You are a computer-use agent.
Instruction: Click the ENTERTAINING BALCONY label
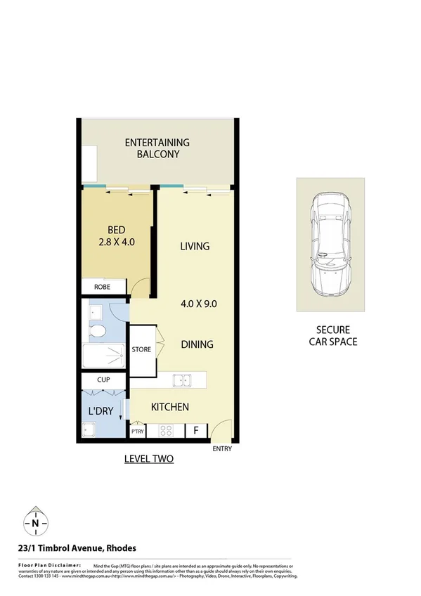(x=157, y=148)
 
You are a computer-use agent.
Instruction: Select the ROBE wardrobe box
(x=103, y=287)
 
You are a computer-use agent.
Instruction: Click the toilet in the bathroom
(x=98, y=330)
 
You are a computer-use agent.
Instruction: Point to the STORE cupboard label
(x=141, y=349)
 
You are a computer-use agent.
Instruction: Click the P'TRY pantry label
(x=136, y=432)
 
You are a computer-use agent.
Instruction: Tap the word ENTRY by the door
(x=221, y=448)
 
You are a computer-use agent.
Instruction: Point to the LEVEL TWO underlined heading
(x=148, y=459)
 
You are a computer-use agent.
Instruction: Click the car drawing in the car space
(x=330, y=244)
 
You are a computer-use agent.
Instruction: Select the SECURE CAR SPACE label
(x=332, y=336)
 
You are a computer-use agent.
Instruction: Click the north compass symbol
(x=34, y=524)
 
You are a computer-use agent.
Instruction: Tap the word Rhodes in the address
(x=121, y=548)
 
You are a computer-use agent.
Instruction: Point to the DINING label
(x=197, y=344)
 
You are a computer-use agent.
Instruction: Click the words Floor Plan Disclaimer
(x=46, y=564)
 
